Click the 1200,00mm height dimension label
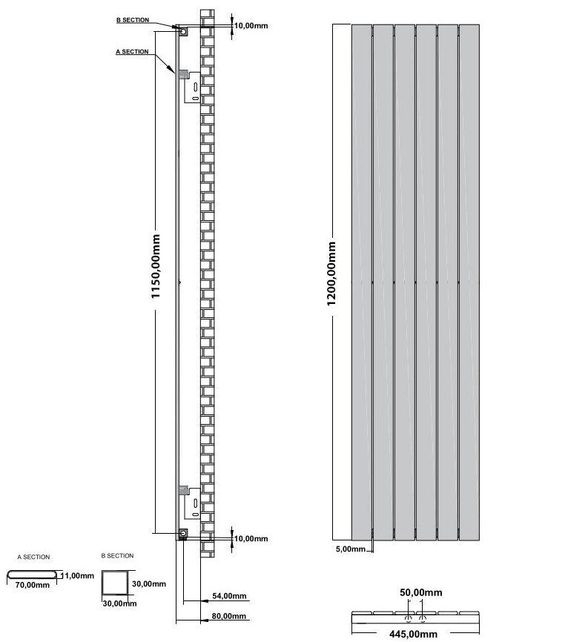pyautogui.click(x=332, y=274)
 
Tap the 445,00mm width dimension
pyautogui.click(x=413, y=634)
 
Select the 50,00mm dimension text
pyautogui.click(x=420, y=593)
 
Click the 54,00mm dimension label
pyautogui.click(x=229, y=596)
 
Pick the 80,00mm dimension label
pyautogui.click(x=229, y=616)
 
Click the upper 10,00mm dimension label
pyautogui.click(x=251, y=26)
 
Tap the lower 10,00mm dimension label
pyautogui.click(x=251, y=539)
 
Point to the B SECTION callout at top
pyautogui.click(x=133, y=21)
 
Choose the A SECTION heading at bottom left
pyautogui.click(x=33, y=557)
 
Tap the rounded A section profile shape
pyautogui.click(x=33, y=575)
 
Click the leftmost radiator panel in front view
pyautogui.click(x=361, y=282)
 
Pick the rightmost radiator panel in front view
pyautogui.click(x=469, y=282)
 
